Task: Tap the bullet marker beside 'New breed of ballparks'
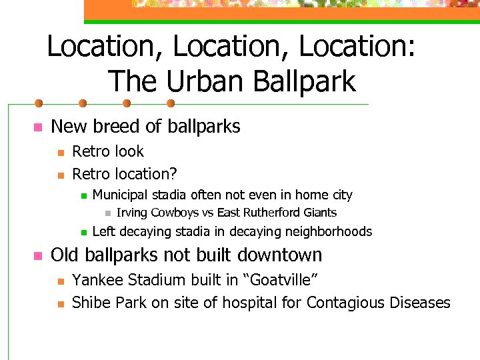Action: click(39, 127)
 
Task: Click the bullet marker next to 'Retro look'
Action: click(60, 153)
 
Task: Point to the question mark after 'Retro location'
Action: click(173, 174)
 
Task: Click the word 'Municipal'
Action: click(121, 195)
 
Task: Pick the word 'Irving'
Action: click(132, 213)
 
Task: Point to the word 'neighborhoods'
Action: click(328, 232)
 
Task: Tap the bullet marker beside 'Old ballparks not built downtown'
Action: click(39, 256)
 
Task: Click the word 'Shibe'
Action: click(89, 303)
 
